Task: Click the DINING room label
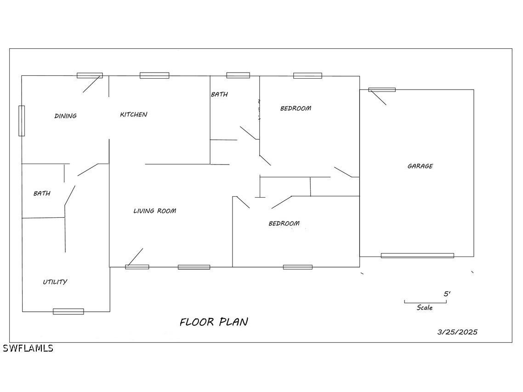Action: click(x=66, y=116)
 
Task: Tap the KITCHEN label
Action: click(x=134, y=114)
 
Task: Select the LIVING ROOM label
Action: click(x=155, y=211)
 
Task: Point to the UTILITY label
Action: click(x=55, y=282)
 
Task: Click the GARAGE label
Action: click(x=420, y=166)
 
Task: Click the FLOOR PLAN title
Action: click(x=214, y=322)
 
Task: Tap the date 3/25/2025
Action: click(x=457, y=332)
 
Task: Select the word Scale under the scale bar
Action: click(x=425, y=307)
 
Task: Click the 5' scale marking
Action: click(x=447, y=294)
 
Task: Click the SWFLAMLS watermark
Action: click(x=28, y=348)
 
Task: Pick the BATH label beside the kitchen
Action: click(x=220, y=94)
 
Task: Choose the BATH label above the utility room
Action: click(x=42, y=193)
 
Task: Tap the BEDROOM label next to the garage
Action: click(x=296, y=108)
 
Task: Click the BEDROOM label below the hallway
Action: click(x=284, y=223)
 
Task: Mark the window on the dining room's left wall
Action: click(x=22, y=121)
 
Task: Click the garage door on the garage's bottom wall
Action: click(x=418, y=256)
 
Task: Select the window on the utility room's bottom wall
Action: click(x=68, y=312)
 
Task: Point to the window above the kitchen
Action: click(x=154, y=75)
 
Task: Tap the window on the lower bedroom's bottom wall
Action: click(x=298, y=267)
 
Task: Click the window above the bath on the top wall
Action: click(x=238, y=75)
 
